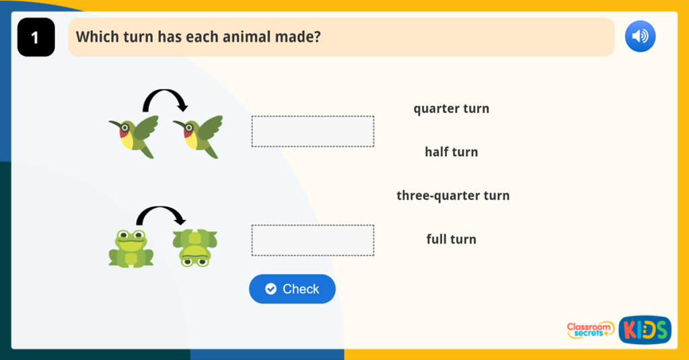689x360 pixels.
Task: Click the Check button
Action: (292, 289)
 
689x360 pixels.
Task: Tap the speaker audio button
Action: (640, 36)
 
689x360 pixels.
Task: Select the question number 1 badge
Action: (36, 38)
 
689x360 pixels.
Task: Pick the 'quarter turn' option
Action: (451, 108)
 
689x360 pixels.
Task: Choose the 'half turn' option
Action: (451, 152)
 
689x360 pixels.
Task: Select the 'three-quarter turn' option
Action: (453, 196)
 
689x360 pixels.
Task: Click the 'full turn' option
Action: (451, 239)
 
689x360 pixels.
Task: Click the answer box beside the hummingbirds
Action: (312, 131)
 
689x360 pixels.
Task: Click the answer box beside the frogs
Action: (312, 240)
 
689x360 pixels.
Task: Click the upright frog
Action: (131, 248)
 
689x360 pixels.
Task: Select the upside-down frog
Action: (194, 248)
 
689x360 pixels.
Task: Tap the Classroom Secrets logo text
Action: (589, 329)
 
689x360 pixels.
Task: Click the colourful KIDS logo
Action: (645, 330)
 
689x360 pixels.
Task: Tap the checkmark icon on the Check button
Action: (271, 289)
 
